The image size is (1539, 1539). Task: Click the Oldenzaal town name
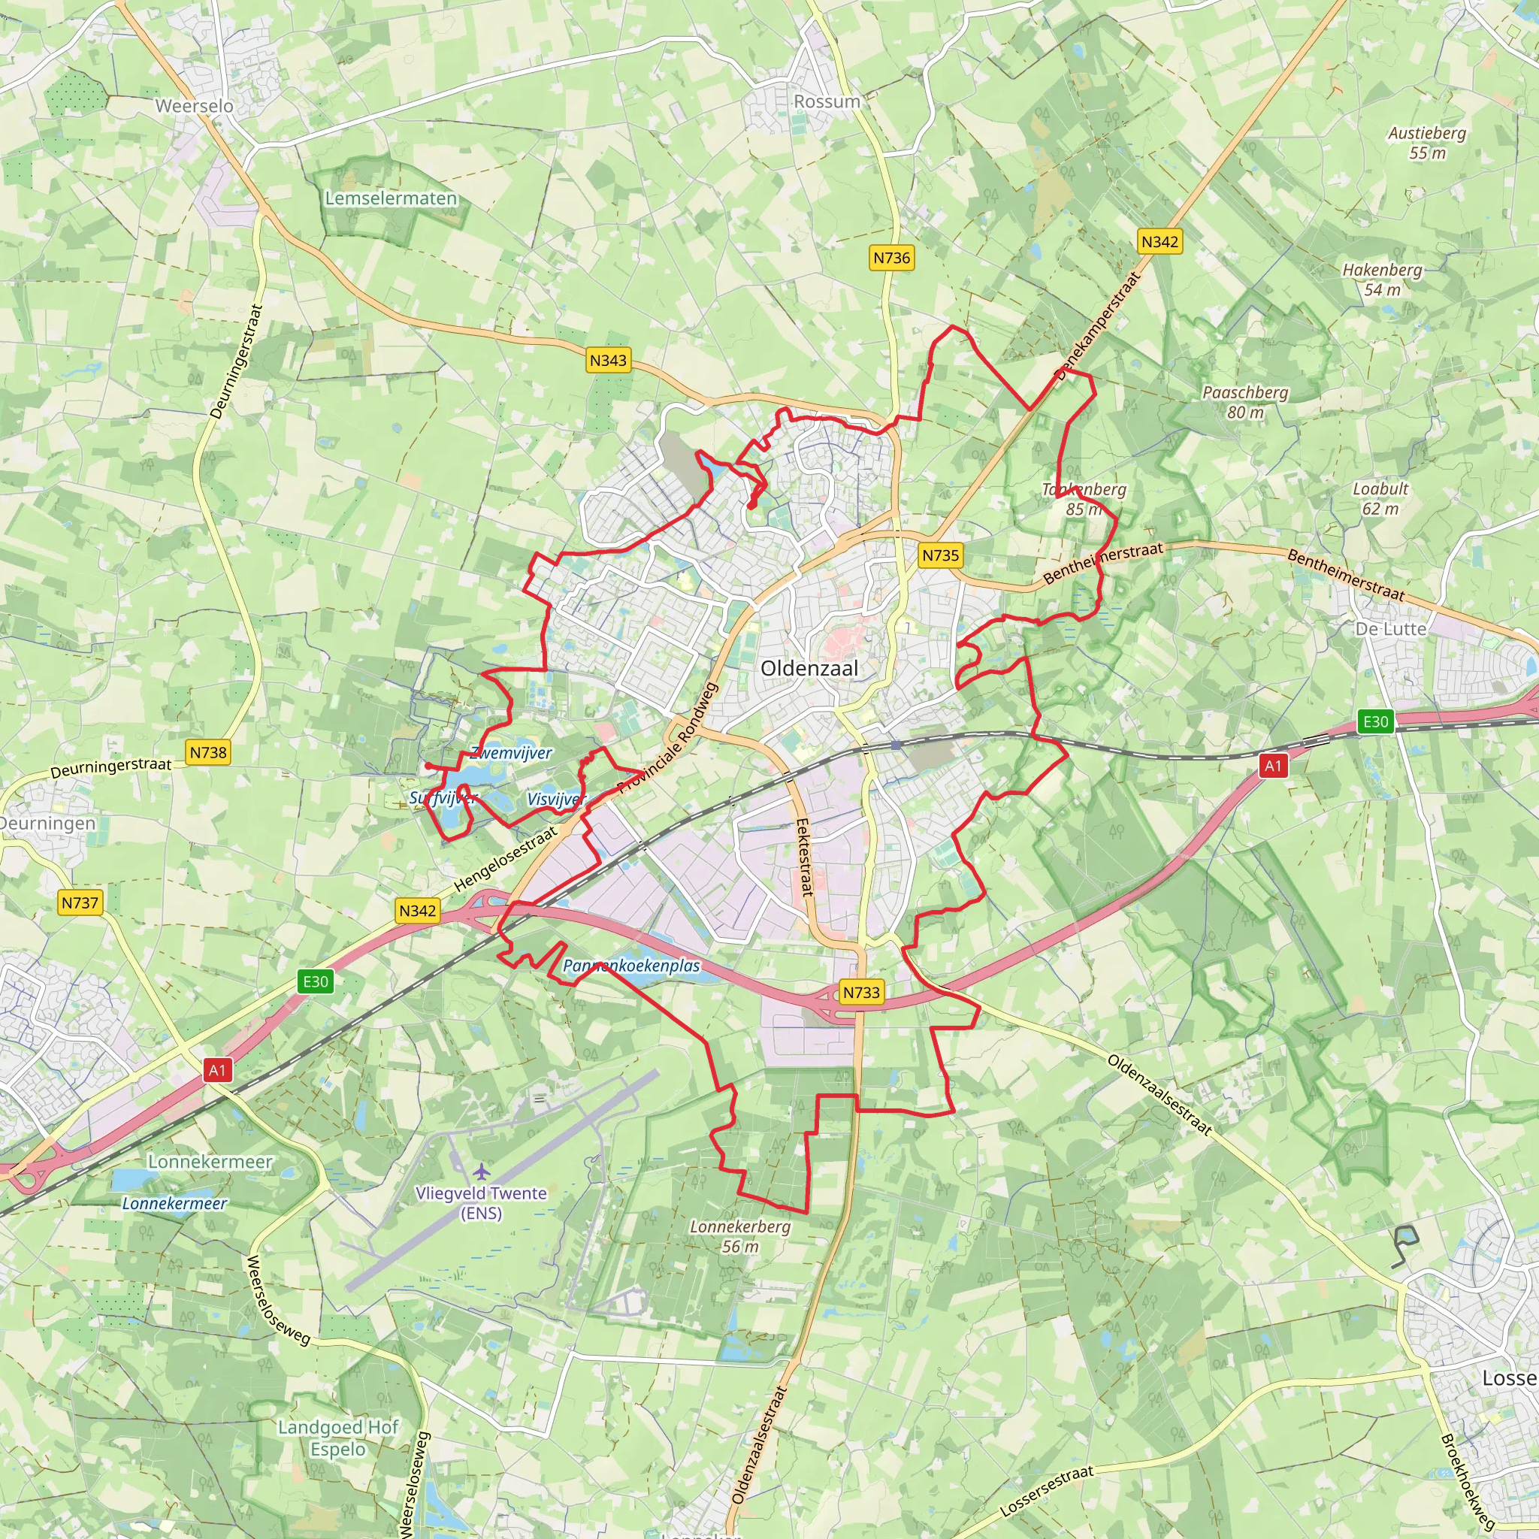pos(809,668)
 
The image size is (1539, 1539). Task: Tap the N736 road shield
pos(891,258)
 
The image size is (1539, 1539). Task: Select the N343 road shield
pos(608,360)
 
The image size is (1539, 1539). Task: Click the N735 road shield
pos(940,555)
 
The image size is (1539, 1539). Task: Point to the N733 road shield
pos(861,993)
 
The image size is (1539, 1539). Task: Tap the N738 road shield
pos(208,752)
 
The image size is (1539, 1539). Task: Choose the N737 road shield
pos(80,903)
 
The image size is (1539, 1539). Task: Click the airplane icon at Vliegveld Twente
pos(481,1172)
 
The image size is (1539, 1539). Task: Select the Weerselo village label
pos(195,106)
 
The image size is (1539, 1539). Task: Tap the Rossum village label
pos(827,102)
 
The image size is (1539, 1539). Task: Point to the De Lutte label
pos(1391,629)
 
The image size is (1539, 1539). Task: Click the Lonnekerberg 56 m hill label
pos(740,1236)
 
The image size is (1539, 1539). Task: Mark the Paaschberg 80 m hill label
pos(1245,402)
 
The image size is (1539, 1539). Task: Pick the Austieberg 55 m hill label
pos(1427,143)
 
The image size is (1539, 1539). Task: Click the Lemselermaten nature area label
pos(390,198)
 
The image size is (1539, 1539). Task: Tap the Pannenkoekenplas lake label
pos(631,966)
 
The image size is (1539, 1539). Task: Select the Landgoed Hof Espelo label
pos(337,1438)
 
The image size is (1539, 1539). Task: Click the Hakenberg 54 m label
pos(1382,280)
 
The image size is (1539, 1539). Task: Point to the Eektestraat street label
pos(806,857)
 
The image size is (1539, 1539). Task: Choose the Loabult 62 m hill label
pos(1380,499)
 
